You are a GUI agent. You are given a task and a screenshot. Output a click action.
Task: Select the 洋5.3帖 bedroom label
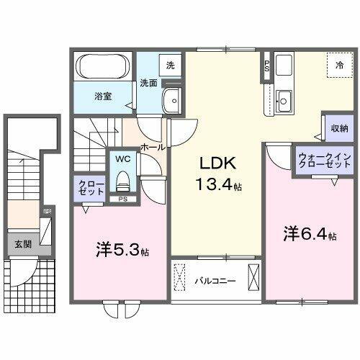coord(121,251)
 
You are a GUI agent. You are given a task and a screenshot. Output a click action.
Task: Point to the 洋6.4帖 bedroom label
coord(310,234)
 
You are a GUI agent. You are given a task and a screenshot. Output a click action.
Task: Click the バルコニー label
coord(215,279)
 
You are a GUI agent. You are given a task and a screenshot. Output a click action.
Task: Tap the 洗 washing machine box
coord(170,66)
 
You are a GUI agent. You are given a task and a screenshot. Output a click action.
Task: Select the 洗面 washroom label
coord(149,81)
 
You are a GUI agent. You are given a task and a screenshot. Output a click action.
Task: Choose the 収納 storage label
coord(340,129)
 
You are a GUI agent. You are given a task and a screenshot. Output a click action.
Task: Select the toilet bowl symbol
coord(122,176)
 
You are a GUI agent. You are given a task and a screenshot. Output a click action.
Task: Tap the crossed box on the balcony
coord(253,277)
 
